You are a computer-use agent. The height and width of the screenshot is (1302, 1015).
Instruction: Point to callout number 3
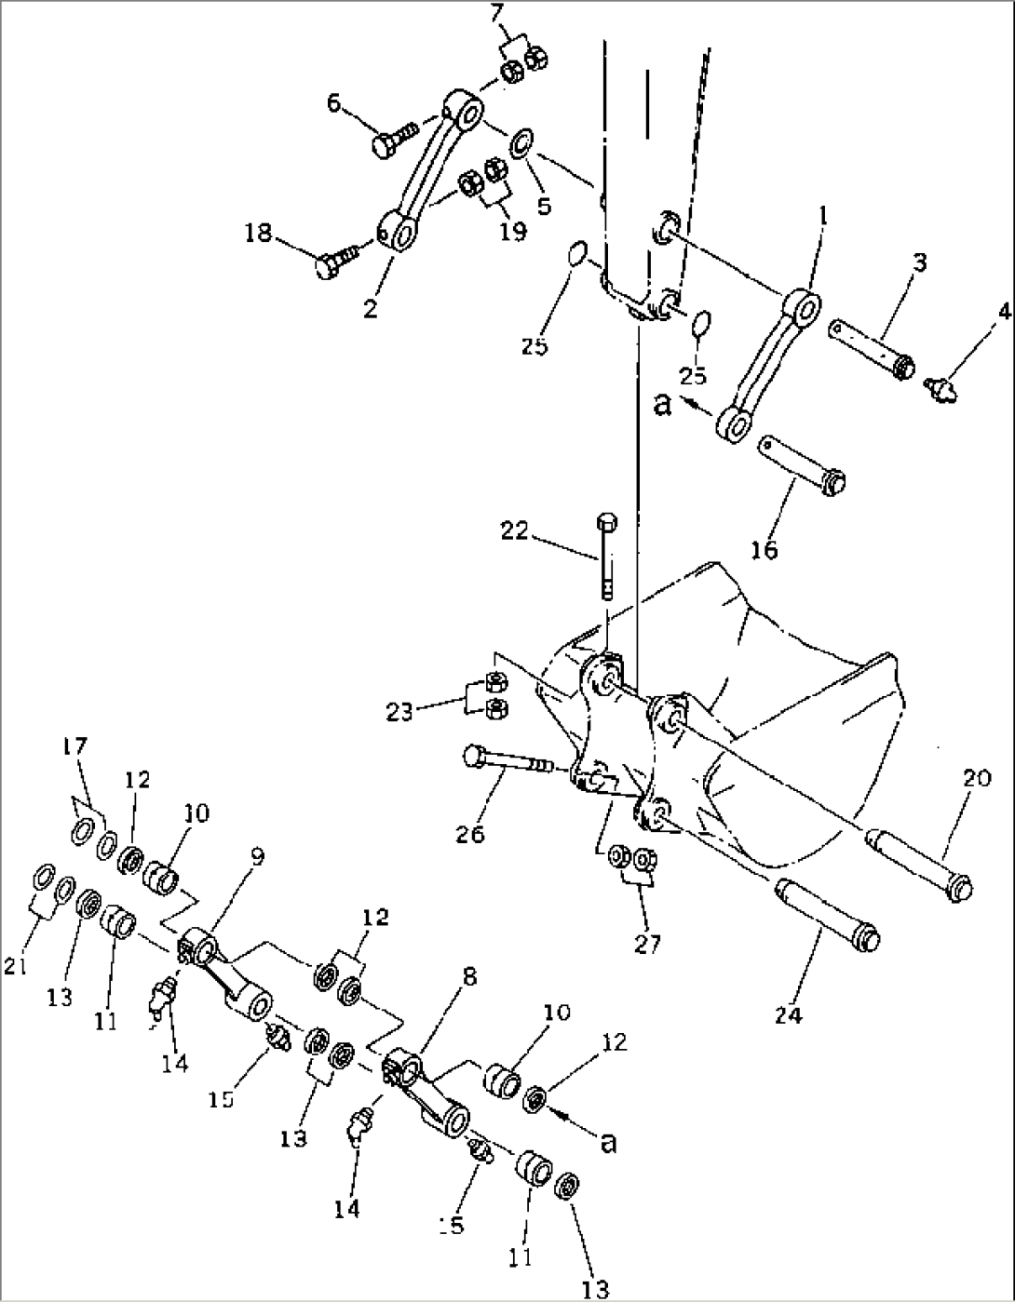click(918, 262)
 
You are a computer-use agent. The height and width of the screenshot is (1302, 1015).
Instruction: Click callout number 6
click(332, 103)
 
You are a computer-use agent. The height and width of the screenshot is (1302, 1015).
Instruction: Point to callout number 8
click(467, 977)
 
